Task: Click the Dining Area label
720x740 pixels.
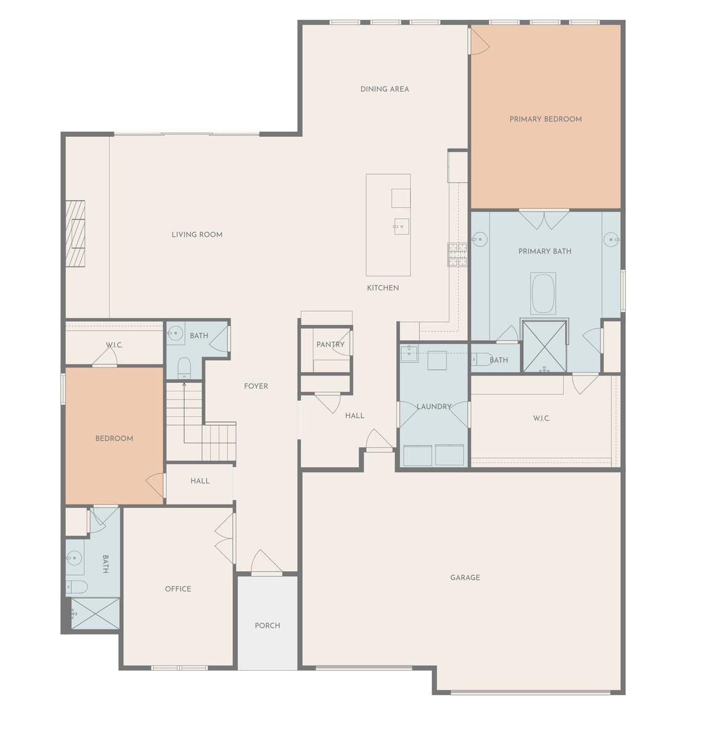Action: (385, 89)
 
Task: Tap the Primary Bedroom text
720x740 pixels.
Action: (546, 119)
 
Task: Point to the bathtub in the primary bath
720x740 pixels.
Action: (544, 294)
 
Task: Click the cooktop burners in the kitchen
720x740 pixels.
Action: (457, 254)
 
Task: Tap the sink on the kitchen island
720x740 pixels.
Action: (401, 226)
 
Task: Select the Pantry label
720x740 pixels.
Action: (330, 345)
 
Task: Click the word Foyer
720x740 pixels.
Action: (256, 386)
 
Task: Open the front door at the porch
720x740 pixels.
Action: (266, 564)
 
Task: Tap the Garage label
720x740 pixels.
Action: (465, 578)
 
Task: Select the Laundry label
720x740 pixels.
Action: (434, 406)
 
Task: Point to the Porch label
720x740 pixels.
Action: (268, 625)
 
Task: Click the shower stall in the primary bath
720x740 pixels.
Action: (544, 346)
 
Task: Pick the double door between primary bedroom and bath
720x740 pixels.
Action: (544, 220)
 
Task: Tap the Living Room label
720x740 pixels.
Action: (197, 234)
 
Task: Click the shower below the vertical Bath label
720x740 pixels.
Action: (94, 614)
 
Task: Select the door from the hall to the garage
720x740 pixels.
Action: (378, 442)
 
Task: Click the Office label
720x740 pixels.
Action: (178, 589)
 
